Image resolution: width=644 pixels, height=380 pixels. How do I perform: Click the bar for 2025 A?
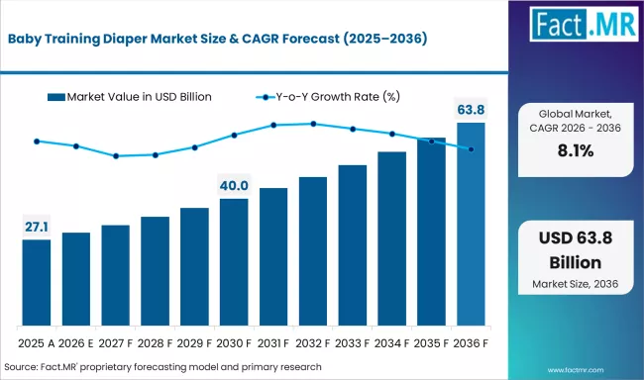coord(37,283)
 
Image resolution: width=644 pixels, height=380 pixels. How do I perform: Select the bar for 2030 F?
coord(234,262)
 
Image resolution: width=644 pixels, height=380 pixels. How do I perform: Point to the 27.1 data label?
coord(37,228)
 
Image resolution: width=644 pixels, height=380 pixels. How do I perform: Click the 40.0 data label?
coord(234,186)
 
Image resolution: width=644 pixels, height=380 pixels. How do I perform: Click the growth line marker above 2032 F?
coord(313,124)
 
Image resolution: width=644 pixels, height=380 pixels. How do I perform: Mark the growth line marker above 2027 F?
coord(116,155)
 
